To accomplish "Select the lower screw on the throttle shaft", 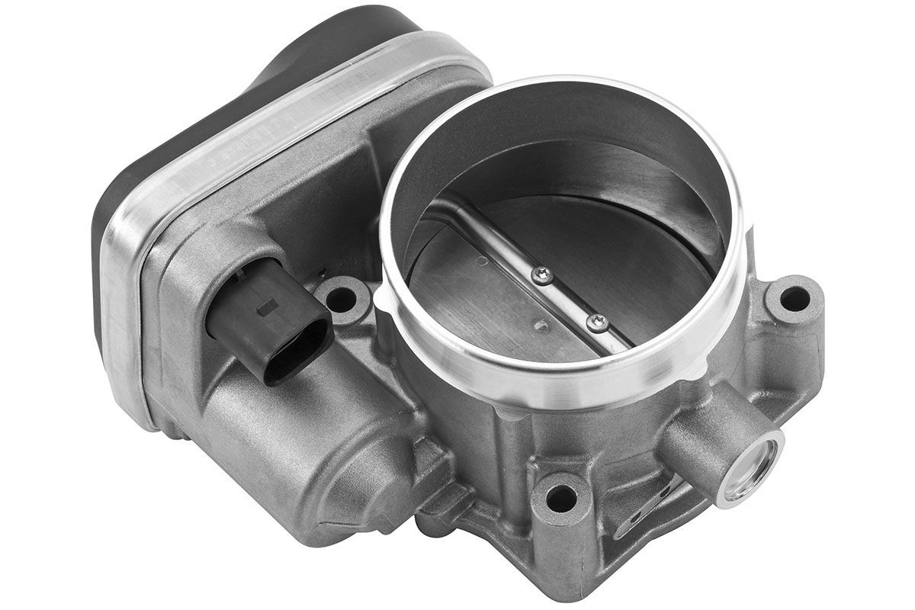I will [597, 324].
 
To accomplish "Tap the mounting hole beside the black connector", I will [340, 299].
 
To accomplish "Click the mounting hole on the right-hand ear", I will [794, 298].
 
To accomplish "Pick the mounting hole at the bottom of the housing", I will [561, 498].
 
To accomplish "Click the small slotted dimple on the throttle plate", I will [541, 327].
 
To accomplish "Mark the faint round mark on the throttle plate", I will [482, 262].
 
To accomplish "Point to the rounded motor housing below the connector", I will [305, 450].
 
